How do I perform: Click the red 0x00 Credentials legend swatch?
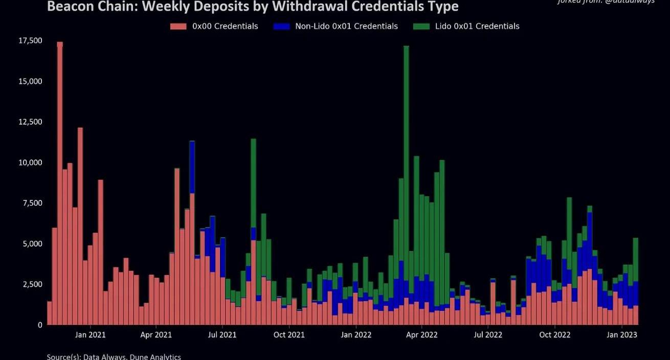[x=178, y=26]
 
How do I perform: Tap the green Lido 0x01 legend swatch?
[x=421, y=26]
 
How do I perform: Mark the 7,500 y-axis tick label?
[x=30, y=203]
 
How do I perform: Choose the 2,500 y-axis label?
[x=30, y=284]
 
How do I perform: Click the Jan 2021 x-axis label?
[x=90, y=335]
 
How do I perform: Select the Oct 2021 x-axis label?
[x=289, y=335]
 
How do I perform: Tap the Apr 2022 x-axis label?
[x=421, y=335]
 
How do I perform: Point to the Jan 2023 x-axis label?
[x=622, y=335]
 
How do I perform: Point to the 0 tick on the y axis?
[x=39, y=325]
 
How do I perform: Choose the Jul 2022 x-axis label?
[x=488, y=335]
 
